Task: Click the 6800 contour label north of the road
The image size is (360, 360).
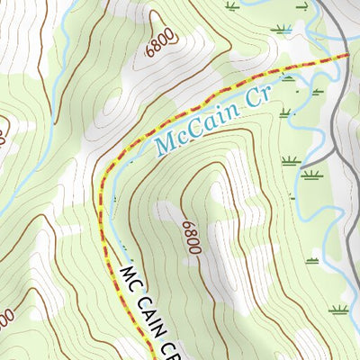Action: [159, 46]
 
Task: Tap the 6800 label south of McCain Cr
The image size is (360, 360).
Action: [190, 237]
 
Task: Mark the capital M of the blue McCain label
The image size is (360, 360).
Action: [166, 142]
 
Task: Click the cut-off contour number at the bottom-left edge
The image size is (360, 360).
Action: [5, 319]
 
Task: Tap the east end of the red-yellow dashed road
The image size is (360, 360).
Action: [347, 56]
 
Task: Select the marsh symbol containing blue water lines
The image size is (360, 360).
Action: [282, 30]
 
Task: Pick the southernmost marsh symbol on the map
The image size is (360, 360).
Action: [338, 310]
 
